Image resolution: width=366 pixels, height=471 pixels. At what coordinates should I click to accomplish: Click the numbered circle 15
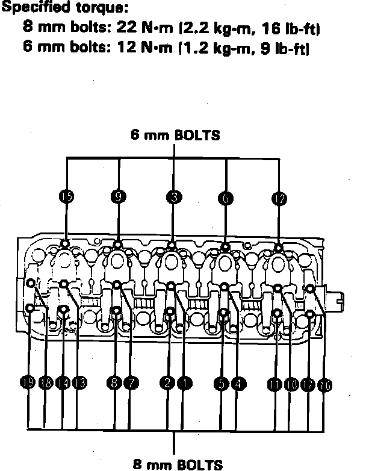coord(66,196)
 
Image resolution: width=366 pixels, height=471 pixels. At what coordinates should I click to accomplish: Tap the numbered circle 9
coord(118,196)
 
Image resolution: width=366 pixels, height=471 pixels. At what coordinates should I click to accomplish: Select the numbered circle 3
coord(174,196)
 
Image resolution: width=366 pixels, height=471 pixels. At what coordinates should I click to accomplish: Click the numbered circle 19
coord(27,382)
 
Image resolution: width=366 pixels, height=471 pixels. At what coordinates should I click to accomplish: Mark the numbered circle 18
coord(46,382)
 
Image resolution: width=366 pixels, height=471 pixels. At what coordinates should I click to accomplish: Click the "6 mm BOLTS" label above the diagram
coord(175,135)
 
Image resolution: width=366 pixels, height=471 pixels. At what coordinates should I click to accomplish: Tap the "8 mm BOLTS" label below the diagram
coord(177,464)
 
